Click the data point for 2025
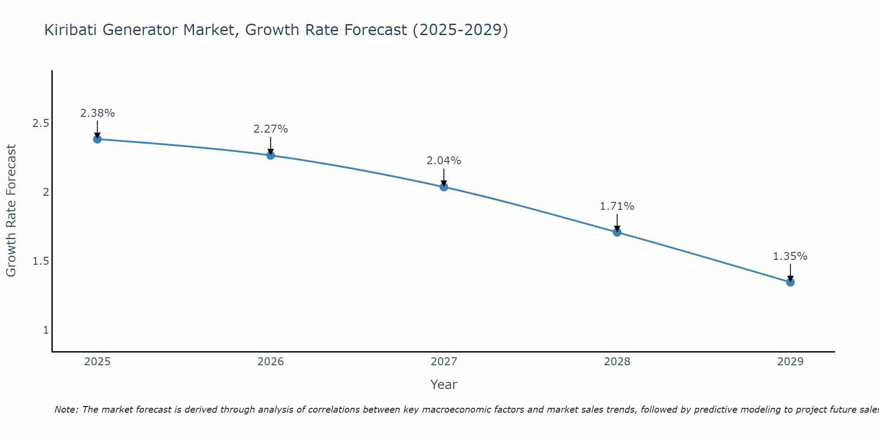tap(97, 139)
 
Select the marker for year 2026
tap(270, 155)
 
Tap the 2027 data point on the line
tap(443, 187)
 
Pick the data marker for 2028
tap(617, 232)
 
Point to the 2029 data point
tap(790, 282)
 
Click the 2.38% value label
tap(97, 113)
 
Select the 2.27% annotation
tap(270, 129)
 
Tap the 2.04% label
tap(443, 161)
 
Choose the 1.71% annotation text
tap(617, 206)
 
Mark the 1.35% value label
tap(790, 256)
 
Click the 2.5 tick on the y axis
tap(40, 123)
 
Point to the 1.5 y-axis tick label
tap(40, 261)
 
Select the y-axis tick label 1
tap(46, 330)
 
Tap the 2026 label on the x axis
tap(270, 362)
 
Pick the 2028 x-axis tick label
tap(617, 362)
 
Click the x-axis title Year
tap(443, 385)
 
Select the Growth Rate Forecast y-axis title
tap(11, 211)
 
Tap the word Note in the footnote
tap(66, 410)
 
